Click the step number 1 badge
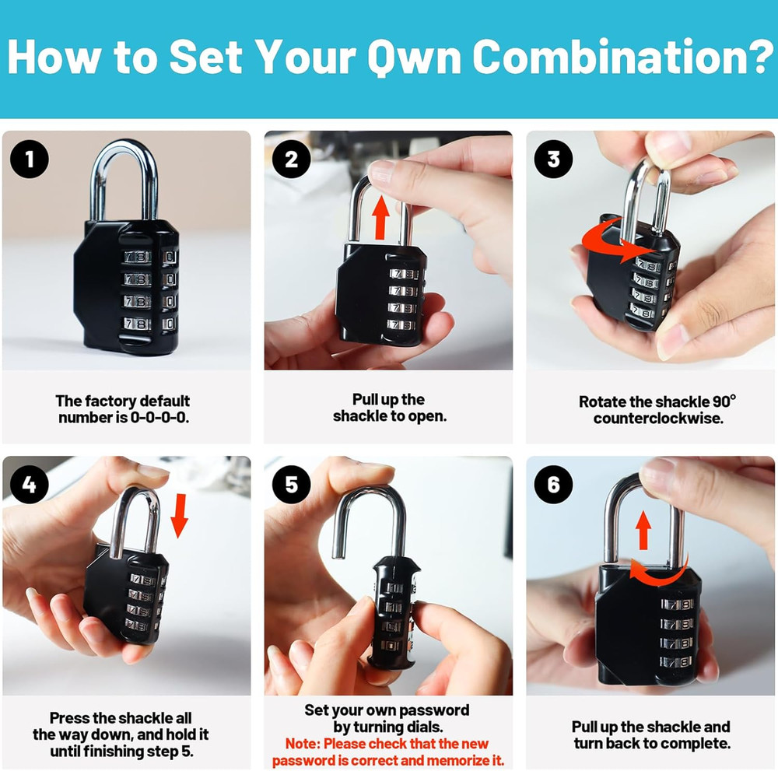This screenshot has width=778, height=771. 30,161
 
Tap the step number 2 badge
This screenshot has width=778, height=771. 292,160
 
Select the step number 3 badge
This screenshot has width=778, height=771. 553,160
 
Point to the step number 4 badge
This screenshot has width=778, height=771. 30,485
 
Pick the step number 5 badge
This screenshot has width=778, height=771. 292,485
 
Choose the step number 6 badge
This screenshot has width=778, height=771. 553,485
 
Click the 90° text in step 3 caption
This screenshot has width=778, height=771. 724,401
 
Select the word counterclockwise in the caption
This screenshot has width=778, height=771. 657,419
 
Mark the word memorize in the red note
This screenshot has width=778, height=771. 446,761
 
